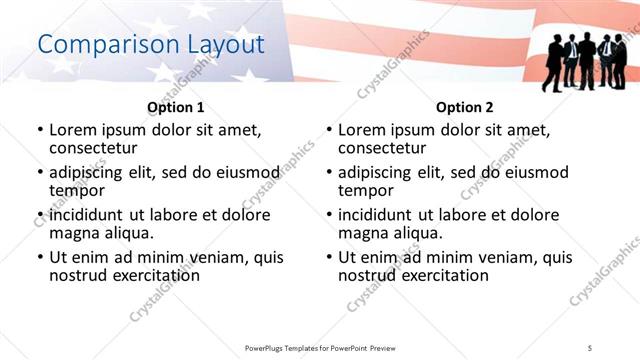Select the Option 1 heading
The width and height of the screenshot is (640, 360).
coord(175,107)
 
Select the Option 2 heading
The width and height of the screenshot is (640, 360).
coord(464,107)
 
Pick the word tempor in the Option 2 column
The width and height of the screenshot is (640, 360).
coord(365,190)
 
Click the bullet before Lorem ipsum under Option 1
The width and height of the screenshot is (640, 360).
coord(40,130)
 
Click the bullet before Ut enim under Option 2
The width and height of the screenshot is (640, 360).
coord(329,257)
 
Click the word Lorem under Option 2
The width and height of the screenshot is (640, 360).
coord(363,129)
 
